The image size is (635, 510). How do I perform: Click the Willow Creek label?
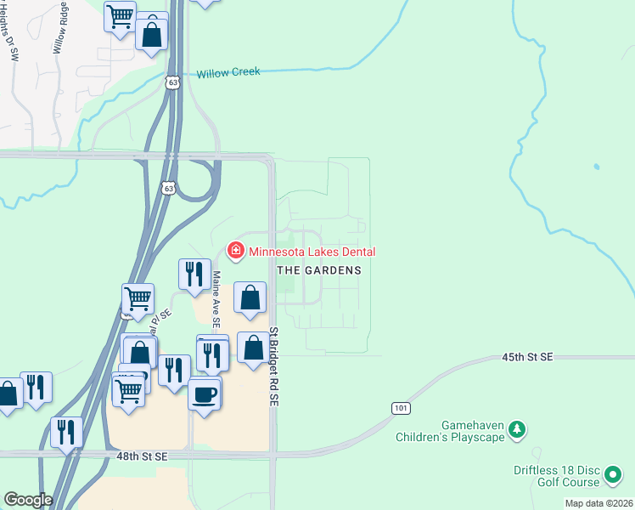pyautogui.click(x=228, y=72)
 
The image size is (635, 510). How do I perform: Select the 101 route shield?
pyautogui.click(x=402, y=409)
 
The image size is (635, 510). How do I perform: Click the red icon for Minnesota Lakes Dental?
pyautogui.click(x=234, y=251)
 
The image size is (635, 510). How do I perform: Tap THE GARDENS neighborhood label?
pyautogui.click(x=319, y=270)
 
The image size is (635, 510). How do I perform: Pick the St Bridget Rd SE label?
pyautogui.click(x=274, y=367)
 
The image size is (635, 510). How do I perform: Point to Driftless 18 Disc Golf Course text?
pyautogui.click(x=556, y=476)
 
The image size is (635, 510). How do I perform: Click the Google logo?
pyautogui.click(x=28, y=500)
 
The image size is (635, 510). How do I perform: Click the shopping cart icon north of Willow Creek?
pyautogui.click(x=120, y=15)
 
